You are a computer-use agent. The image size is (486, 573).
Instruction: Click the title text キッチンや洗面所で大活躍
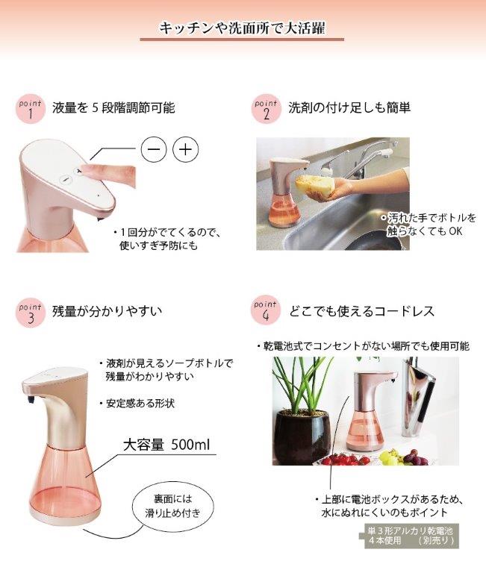(x=242, y=28)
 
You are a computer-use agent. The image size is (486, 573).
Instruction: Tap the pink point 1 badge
(x=31, y=110)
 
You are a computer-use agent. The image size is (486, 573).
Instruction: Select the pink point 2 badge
(x=267, y=110)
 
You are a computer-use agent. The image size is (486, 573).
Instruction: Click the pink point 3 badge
(x=31, y=313)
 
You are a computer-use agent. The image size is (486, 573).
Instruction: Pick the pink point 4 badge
(x=266, y=310)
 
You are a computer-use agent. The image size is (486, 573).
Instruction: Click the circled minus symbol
(x=154, y=150)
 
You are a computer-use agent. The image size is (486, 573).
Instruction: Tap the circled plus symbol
(x=185, y=150)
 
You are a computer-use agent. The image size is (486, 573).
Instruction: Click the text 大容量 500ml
(x=166, y=445)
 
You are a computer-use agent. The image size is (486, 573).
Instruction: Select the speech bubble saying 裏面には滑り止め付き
(x=172, y=506)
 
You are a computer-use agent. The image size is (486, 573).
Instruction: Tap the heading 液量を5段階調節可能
(x=113, y=107)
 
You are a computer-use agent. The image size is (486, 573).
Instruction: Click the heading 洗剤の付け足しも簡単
(x=349, y=107)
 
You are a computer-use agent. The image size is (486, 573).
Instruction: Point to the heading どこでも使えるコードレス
(x=362, y=311)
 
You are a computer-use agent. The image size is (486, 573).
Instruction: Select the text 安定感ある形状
(x=140, y=404)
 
